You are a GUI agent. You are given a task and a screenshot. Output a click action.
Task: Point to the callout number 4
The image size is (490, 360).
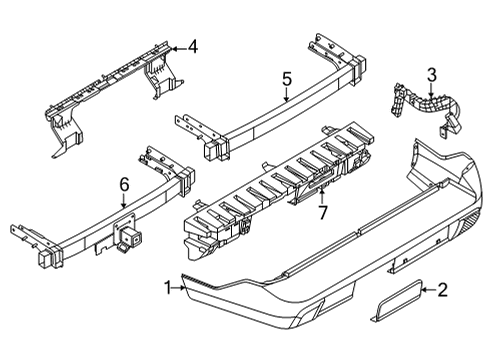coord(193,45)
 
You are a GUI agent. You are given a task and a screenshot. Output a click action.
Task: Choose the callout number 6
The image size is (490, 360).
coord(124,183)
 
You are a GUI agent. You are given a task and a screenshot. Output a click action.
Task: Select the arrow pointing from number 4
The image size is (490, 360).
coord(177,46)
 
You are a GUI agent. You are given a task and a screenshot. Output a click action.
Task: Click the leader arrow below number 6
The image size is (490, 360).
coord(124,203)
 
